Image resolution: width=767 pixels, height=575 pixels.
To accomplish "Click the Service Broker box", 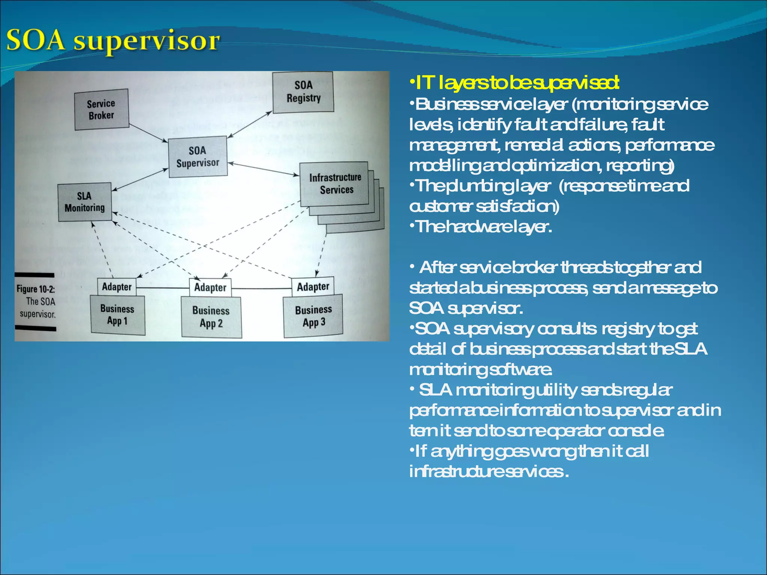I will click(x=101, y=109).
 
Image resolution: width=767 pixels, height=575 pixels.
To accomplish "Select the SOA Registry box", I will click(x=303, y=92).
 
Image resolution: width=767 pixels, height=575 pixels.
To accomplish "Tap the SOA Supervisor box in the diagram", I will click(x=198, y=156).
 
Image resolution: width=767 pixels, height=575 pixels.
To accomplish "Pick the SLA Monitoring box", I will click(x=85, y=202).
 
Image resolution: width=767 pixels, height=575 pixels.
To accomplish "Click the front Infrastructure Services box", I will click(x=334, y=183).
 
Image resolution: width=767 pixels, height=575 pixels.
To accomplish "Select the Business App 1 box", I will click(x=117, y=315).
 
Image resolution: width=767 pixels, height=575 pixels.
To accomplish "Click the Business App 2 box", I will click(x=211, y=317).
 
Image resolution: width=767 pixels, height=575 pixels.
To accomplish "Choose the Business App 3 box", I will click(x=313, y=316).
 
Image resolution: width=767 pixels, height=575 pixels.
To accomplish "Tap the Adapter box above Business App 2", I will click(x=210, y=287).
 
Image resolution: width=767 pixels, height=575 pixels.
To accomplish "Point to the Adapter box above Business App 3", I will click(x=313, y=287).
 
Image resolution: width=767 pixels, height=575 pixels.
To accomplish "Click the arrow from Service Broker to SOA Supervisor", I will click(x=148, y=133).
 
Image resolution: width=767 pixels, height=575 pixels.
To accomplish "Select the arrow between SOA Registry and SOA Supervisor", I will click(x=250, y=124).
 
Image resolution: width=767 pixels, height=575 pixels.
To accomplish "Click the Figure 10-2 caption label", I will click(x=36, y=301).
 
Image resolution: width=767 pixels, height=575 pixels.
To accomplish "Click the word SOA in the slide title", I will click(x=36, y=40).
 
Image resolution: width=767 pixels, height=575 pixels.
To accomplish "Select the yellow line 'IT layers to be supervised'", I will click(x=514, y=83).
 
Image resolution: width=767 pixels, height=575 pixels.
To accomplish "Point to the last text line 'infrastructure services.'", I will click(x=489, y=471).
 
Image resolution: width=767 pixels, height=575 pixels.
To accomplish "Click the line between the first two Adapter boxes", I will click(x=163, y=288).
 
